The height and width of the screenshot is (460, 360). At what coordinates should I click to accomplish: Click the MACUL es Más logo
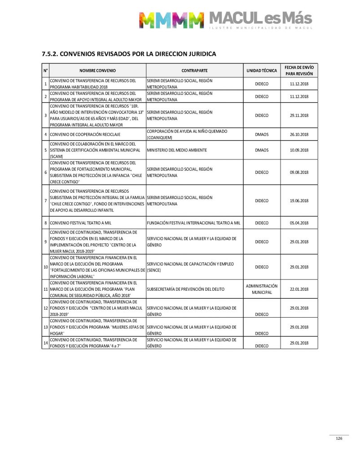click(x=225, y=20)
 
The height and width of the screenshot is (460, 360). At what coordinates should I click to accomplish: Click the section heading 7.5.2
click(x=129, y=54)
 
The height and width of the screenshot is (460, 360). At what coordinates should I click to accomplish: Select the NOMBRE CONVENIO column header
click(x=97, y=71)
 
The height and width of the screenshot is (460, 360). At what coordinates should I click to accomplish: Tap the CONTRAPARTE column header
click(x=194, y=71)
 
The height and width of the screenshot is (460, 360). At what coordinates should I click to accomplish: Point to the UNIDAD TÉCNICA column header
click(x=262, y=71)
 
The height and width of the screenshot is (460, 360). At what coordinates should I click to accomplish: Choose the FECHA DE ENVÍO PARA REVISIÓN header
click(x=299, y=70)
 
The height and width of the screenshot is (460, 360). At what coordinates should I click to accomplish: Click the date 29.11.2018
click(x=299, y=115)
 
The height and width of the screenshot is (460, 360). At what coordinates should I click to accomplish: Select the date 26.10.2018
click(x=299, y=134)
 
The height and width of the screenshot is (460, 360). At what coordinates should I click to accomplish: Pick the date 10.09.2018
click(x=299, y=150)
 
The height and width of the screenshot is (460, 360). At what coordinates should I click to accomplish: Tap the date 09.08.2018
click(x=299, y=172)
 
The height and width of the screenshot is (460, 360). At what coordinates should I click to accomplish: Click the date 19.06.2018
click(x=299, y=201)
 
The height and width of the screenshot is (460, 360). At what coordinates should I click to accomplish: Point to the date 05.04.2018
click(x=299, y=223)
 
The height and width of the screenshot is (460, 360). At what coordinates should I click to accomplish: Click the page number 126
click(x=339, y=439)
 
